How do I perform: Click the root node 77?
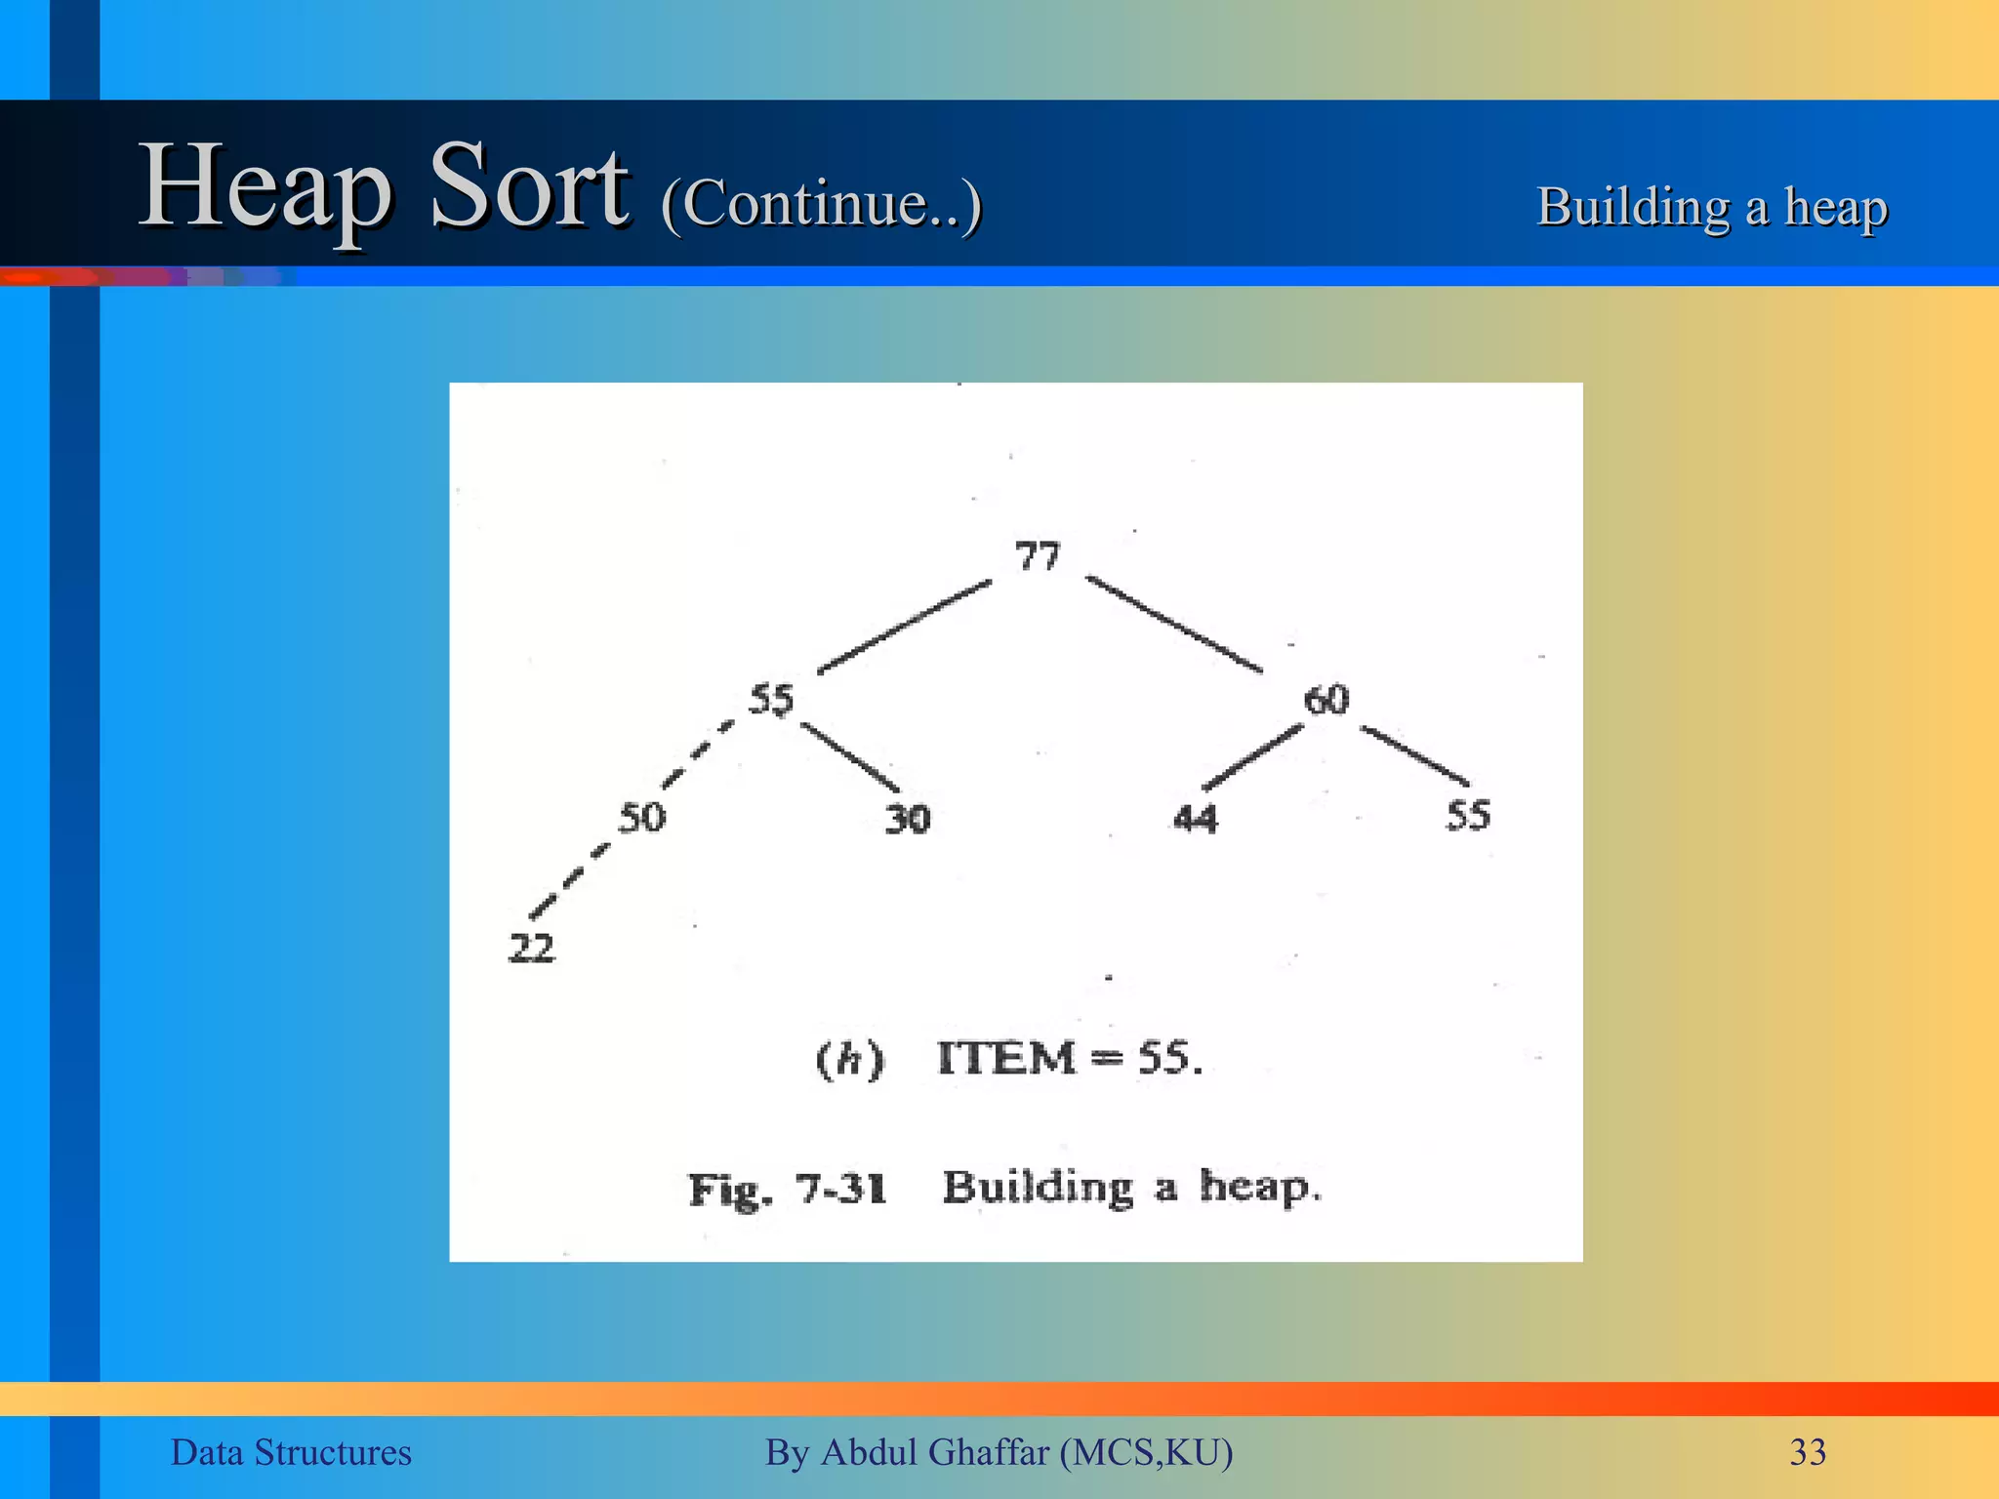(1037, 556)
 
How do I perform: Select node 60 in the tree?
(1326, 700)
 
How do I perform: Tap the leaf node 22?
(532, 948)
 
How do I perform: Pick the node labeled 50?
(641, 817)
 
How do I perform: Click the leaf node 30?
(908, 819)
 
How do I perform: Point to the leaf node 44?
(1196, 818)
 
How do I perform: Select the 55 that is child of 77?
(771, 700)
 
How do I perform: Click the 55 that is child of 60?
(1468, 815)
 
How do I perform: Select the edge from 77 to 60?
(1174, 625)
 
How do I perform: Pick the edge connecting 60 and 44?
(1252, 757)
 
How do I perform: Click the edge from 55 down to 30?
(850, 757)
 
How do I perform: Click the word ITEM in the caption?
(1005, 1058)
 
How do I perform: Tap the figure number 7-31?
(840, 1189)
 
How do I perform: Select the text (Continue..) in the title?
(821, 203)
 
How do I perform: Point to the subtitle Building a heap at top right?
(1712, 207)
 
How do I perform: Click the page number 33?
(1808, 1452)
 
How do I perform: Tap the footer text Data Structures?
(291, 1452)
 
